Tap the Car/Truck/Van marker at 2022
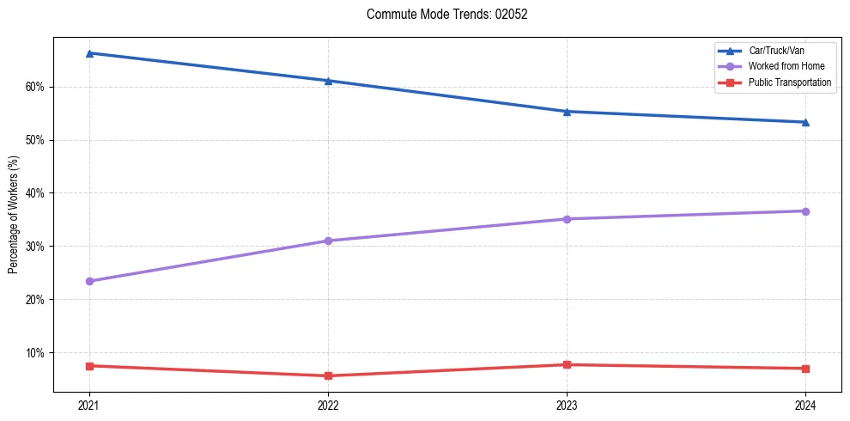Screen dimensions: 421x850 [x=328, y=81]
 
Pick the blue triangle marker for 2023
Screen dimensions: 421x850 [x=567, y=112]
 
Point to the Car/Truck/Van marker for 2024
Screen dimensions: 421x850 [x=805, y=122]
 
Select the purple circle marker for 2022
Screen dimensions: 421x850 [x=328, y=241]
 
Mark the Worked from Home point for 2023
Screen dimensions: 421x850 [x=567, y=219]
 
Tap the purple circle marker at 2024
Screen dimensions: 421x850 [x=805, y=211]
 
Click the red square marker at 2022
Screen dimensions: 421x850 [x=328, y=375]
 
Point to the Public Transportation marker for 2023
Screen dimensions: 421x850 [x=567, y=365]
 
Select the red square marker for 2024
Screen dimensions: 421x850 [x=805, y=369]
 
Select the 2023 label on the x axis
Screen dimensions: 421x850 [x=567, y=405]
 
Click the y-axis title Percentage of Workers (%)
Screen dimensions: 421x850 [x=13, y=215]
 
